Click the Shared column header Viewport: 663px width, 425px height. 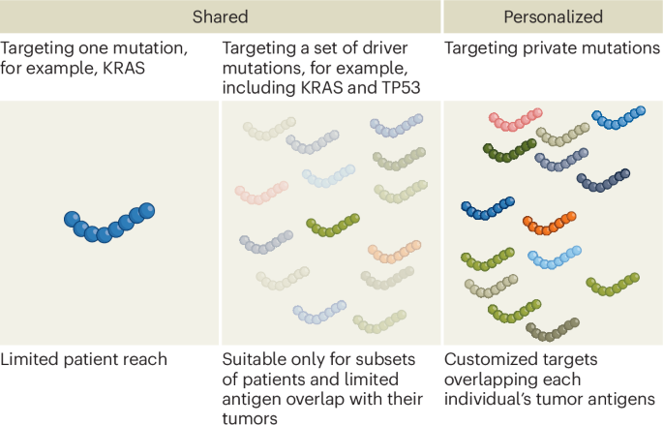(221, 17)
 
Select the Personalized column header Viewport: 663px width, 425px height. (553, 17)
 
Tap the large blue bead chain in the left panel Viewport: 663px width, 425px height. (110, 223)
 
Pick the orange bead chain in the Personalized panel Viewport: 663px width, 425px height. (549, 222)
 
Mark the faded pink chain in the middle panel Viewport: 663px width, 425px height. (261, 194)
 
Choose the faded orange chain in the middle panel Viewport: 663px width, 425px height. (392, 254)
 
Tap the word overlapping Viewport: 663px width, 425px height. (493, 379)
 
